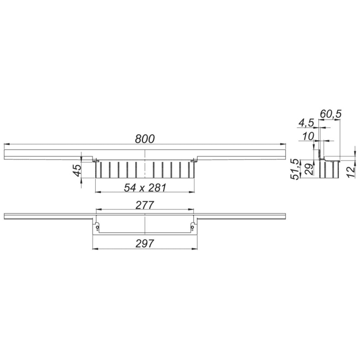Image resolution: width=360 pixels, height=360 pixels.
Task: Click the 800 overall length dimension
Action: coord(145,138)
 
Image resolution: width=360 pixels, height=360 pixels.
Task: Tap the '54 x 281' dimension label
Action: coord(146,187)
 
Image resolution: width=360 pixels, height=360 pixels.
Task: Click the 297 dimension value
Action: coord(146,243)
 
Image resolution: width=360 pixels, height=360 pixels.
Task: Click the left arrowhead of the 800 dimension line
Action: coord(6,144)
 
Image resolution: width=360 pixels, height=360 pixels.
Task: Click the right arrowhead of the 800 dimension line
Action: coord(284,144)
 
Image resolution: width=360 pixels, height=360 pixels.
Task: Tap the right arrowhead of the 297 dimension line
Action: coord(196,249)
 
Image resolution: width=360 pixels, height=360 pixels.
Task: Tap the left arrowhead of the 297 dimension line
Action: coord(94,249)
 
